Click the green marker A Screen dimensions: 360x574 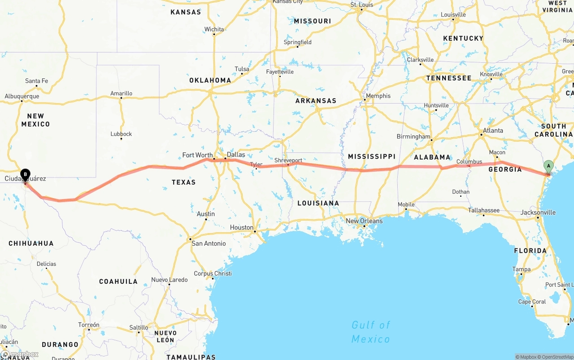coord(548,166)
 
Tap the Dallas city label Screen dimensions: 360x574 coord(236,155)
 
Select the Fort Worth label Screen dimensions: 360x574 coord(197,155)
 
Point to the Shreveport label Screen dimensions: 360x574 coord(288,160)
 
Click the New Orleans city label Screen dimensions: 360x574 coord(364,221)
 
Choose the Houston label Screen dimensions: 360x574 coord(242,228)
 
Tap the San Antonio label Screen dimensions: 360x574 coord(209,243)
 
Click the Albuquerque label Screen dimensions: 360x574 coord(22,96)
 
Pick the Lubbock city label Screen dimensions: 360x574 coord(121,134)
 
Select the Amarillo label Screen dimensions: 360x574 coord(121,93)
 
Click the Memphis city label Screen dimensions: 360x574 coord(378,96)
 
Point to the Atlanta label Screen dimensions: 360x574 coord(492,130)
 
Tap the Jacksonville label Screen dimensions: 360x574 coord(538,213)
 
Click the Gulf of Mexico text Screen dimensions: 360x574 coord(370,332)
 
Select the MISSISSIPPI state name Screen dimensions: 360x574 coord(371,156)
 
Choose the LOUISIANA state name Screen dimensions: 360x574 coord(318,203)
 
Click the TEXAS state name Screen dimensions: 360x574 coord(183,182)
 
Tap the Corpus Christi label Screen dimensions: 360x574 coord(213,273)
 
